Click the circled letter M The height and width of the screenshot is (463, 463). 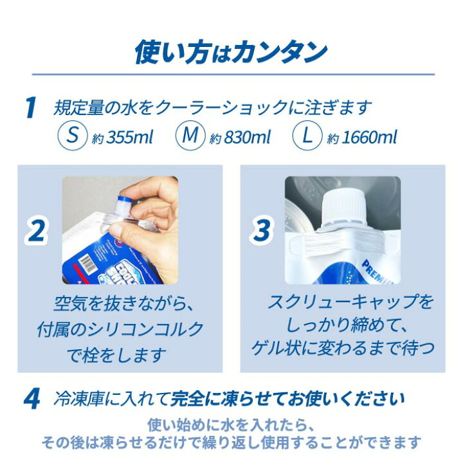tap(189, 136)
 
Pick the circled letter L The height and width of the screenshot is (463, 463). tap(307, 136)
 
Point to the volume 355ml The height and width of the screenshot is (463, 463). tap(126, 137)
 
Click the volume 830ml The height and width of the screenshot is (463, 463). tap(244, 137)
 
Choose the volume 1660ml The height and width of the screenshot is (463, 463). tap(369, 137)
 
